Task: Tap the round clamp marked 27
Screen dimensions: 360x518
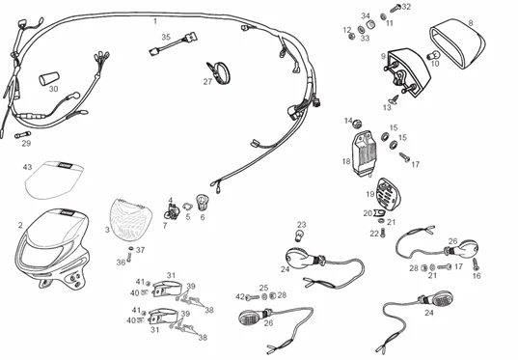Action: [x=219, y=70]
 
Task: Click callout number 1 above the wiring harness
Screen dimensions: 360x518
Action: [x=154, y=20]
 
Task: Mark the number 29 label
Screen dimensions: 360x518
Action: [x=26, y=144]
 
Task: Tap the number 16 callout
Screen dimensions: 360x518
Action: [x=476, y=276]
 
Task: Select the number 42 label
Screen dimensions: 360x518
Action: [x=239, y=296]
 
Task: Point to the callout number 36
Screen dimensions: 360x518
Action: [x=122, y=262]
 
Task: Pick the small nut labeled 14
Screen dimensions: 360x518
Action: [x=356, y=123]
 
